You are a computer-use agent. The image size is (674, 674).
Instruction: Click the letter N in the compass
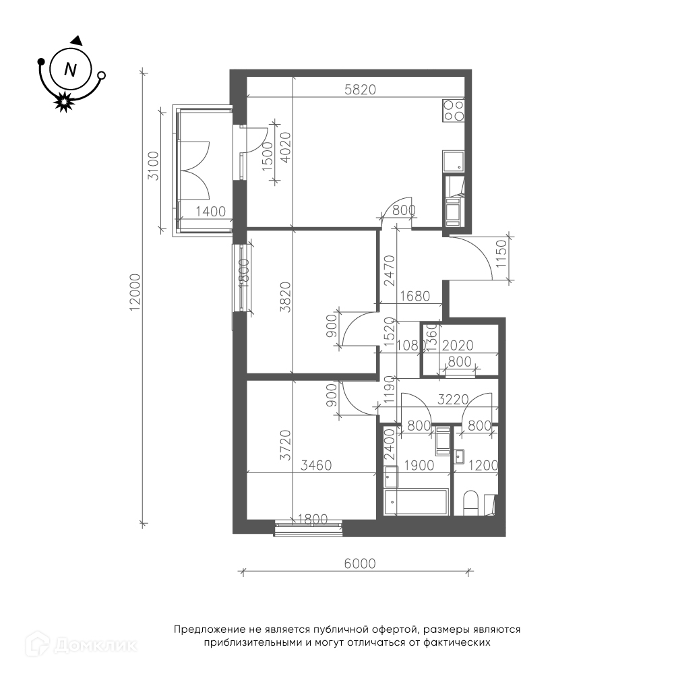(x=70, y=69)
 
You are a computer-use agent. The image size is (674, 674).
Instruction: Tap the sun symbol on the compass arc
(x=64, y=102)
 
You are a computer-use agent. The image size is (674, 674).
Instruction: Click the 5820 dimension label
(x=360, y=90)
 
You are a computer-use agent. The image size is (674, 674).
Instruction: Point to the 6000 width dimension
(x=360, y=563)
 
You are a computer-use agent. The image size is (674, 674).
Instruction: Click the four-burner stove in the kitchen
(x=454, y=111)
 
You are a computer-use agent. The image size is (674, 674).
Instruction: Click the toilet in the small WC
(x=471, y=503)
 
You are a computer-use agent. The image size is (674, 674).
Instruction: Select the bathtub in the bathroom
(x=417, y=501)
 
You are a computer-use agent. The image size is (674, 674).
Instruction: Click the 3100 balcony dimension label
(x=154, y=166)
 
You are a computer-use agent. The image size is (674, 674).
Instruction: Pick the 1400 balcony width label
(x=210, y=212)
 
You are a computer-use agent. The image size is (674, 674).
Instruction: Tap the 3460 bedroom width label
(x=316, y=465)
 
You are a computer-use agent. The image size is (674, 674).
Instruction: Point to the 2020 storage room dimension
(x=458, y=345)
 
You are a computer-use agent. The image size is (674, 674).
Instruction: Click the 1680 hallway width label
(x=415, y=296)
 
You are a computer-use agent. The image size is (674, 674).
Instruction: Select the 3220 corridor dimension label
(x=453, y=400)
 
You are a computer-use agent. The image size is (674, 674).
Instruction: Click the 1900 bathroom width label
(x=419, y=465)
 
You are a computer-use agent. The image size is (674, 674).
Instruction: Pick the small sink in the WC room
(x=459, y=456)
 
